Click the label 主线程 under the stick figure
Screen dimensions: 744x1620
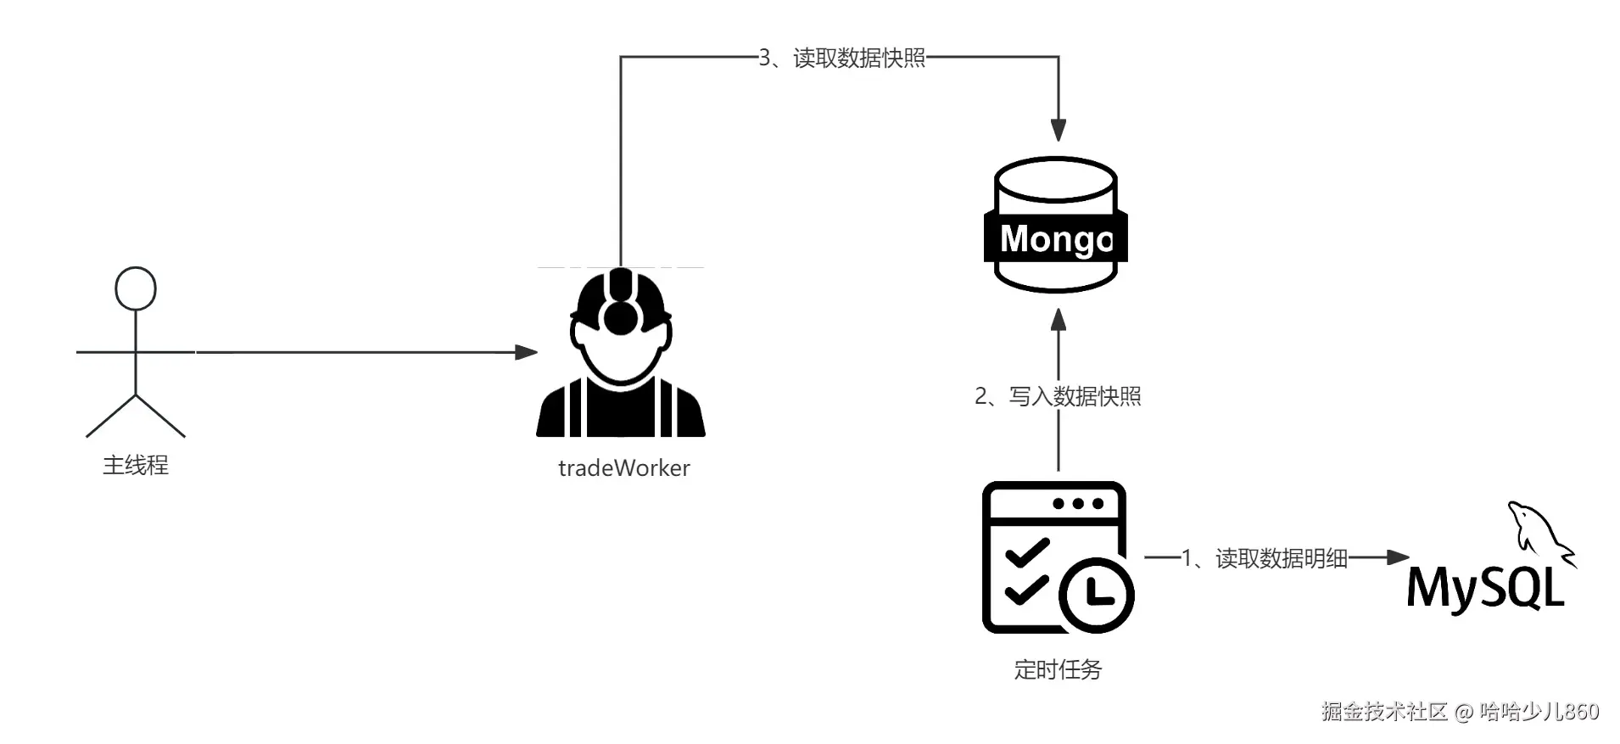(x=136, y=465)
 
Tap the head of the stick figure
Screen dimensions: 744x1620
(x=136, y=288)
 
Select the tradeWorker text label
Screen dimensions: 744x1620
(x=623, y=468)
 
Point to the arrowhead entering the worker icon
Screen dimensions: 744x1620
(x=527, y=352)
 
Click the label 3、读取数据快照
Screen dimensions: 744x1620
(x=841, y=58)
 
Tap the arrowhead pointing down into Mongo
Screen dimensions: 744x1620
(x=1058, y=130)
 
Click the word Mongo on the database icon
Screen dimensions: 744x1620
(x=1056, y=238)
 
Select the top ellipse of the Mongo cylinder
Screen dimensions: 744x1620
(x=1056, y=178)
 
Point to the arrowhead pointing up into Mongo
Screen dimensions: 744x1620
(x=1058, y=321)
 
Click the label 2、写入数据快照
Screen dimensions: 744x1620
(x=1058, y=396)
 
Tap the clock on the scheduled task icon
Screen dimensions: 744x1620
(x=1097, y=594)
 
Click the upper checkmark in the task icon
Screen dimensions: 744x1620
(x=1027, y=552)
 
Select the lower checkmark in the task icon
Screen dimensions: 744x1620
(x=1027, y=590)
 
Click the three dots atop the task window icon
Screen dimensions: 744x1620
(x=1078, y=504)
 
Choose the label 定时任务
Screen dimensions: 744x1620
(x=1058, y=669)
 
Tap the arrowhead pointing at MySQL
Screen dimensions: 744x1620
(x=1398, y=557)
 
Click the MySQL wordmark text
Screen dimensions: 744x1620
(x=1484, y=587)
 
